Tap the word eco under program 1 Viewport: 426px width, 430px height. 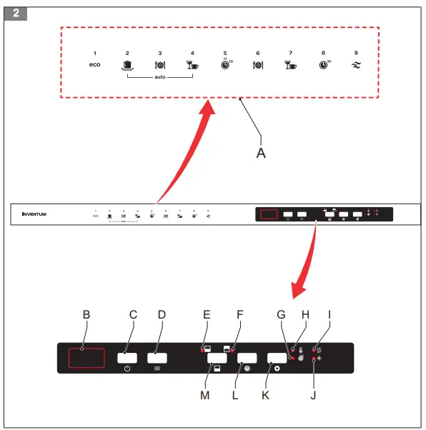(x=94, y=65)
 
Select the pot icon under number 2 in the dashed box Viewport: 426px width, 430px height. (x=127, y=65)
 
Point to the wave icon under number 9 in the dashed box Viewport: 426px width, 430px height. (x=356, y=65)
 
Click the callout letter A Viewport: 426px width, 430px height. (x=262, y=152)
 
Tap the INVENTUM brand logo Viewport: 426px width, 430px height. (x=34, y=214)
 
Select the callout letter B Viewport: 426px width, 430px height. (x=86, y=314)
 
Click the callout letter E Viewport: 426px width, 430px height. (x=207, y=314)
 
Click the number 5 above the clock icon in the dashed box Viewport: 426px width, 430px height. (x=225, y=54)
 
